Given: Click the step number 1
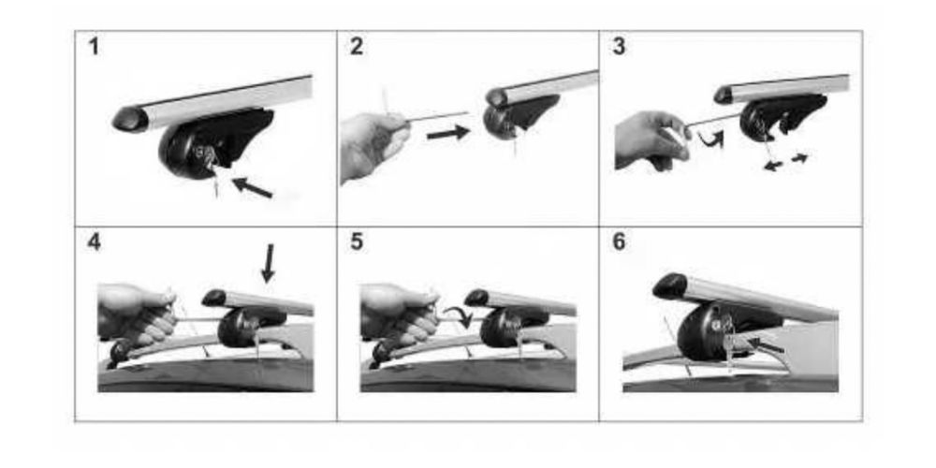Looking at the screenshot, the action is point(94,47).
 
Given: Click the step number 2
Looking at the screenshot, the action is point(357,47).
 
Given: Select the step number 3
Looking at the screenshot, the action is point(619,47).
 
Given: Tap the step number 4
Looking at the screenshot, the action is point(94,242).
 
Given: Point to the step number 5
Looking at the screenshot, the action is point(357,242).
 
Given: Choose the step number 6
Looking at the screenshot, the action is point(619,242).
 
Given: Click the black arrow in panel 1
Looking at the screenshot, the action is point(252,187).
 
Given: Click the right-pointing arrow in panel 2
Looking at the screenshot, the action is point(448,133).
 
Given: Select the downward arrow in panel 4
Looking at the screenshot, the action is point(269,263).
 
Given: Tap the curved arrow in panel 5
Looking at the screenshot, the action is point(459,312).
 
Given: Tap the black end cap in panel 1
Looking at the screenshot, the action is point(129,119).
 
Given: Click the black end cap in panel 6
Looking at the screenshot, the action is point(670,285).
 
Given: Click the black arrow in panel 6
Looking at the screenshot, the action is point(769,345).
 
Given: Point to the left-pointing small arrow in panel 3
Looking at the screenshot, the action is point(774,166).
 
